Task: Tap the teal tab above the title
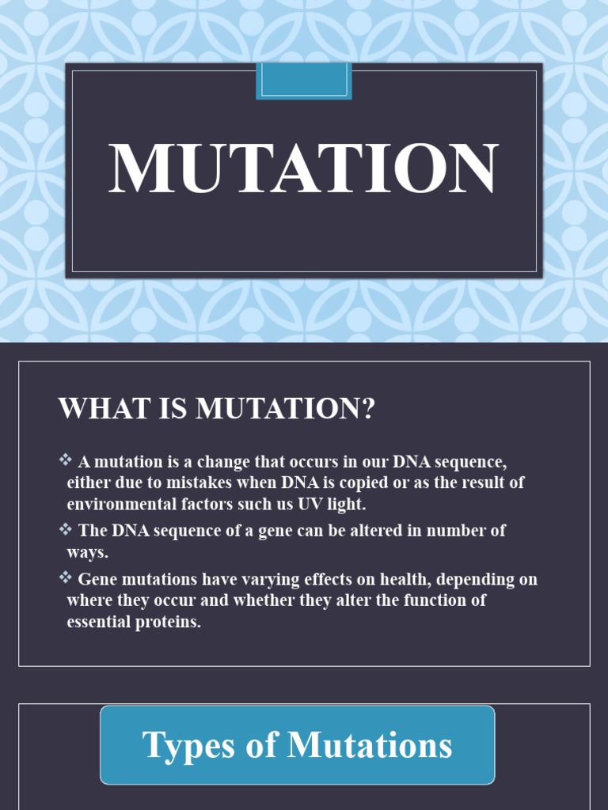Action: click(x=304, y=81)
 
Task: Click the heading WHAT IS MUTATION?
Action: click(x=216, y=409)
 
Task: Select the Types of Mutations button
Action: click(x=298, y=745)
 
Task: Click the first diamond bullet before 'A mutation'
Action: click(x=65, y=460)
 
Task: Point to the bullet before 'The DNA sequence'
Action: click(x=65, y=528)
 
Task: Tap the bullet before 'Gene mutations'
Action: click(x=65, y=577)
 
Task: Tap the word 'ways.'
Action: click(x=88, y=552)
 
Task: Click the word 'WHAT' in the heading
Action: click(x=93, y=409)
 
